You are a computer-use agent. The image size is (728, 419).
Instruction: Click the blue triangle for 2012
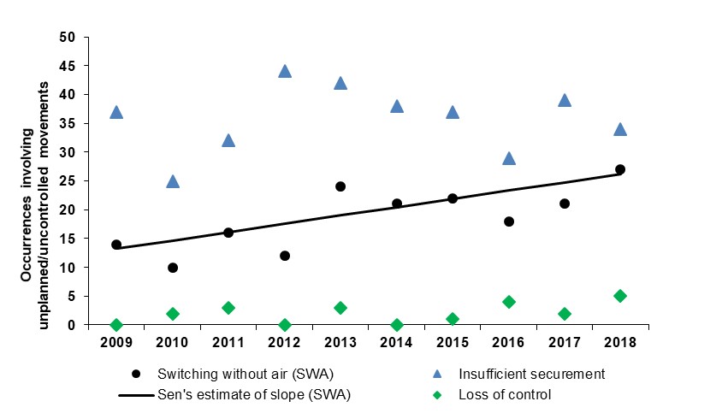[x=285, y=71]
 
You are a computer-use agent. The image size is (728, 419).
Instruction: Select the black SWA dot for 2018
[x=620, y=169]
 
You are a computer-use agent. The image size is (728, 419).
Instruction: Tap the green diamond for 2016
[x=509, y=302]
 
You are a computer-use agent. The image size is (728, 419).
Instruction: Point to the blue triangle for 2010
[x=173, y=181]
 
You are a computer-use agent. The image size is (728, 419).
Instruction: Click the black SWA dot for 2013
[x=340, y=186]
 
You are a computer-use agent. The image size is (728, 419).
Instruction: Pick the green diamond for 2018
[x=620, y=296]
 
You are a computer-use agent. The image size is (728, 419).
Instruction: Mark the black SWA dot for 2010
[x=173, y=268]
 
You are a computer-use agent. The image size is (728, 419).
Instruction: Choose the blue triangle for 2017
[x=565, y=100]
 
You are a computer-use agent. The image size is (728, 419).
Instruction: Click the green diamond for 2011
[x=228, y=308]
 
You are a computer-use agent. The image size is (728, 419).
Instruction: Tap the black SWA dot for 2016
[x=509, y=221]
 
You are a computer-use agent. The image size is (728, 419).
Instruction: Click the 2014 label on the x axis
[x=396, y=342]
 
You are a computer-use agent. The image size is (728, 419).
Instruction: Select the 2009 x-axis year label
[x=116, y=342]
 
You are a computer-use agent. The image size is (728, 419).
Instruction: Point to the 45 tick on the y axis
[x=68, y=66]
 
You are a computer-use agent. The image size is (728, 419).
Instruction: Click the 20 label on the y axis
[x=68, y=210]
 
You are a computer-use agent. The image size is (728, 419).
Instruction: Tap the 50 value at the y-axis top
[x=68, y=37]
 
